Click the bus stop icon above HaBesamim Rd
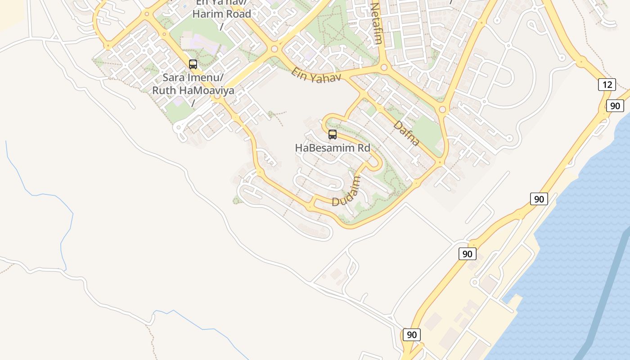point(333,134)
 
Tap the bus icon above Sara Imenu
point(193,64)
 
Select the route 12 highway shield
point(607,84)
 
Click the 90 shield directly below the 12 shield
point(615,106)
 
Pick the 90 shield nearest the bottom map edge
point(411,335)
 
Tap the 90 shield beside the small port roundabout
point(467,254)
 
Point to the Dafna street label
point(406,133)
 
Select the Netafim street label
point(376,23)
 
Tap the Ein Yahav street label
point(316,76)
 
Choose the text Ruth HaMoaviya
point(193,90)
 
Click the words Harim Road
point(221,14)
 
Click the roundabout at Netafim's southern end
point(384,67)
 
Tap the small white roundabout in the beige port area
point(474,283)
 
